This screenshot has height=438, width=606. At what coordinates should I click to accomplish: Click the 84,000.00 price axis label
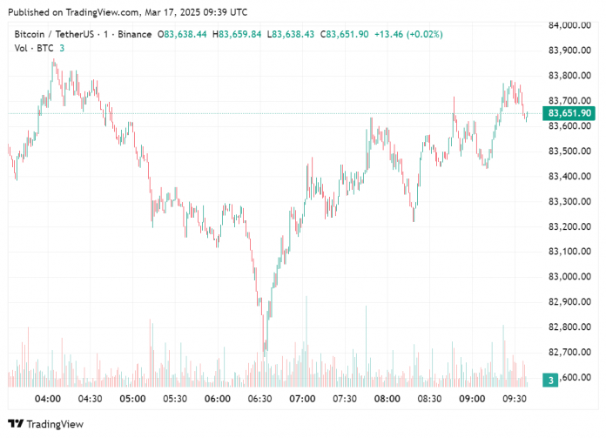click(570, 25)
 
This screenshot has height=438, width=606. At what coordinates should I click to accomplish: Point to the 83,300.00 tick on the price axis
click(570, 201)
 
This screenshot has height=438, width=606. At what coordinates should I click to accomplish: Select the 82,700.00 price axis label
click(570, 353)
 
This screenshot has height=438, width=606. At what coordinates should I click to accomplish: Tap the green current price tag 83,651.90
click(570, 113)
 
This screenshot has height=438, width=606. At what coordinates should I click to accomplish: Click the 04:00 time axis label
click(47, 398)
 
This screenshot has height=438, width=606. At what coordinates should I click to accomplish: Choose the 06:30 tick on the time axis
click(259, 398)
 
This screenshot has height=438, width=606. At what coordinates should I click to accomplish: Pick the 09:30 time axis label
click(515, 398)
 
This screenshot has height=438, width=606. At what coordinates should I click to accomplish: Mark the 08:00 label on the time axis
click(387, 398)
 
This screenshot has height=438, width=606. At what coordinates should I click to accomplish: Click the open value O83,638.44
click(181, 34)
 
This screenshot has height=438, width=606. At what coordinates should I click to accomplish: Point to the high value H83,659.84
click(239, 34)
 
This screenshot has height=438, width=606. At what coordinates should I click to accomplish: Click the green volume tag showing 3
click(551, 380)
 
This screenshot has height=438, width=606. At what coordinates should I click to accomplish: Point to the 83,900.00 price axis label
click(570, 51)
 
